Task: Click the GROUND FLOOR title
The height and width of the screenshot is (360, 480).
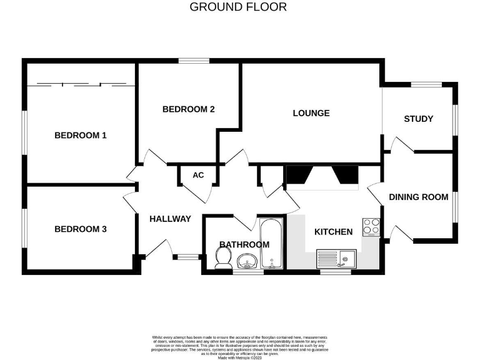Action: tap(238, 7)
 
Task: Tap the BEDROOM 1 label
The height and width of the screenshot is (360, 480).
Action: tap(81, 135)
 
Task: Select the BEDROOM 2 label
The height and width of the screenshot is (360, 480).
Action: tap(189, 109)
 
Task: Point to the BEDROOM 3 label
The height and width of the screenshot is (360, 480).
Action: tap(81, 229)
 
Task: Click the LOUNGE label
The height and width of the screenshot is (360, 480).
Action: tap(311, 113)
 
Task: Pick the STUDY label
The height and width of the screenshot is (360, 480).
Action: tap(418, 119)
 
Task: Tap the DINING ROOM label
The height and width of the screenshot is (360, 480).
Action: tap(418, 197)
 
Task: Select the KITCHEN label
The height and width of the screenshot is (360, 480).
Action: tap(333, 232)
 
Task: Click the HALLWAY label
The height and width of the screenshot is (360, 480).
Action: tap(170, 219)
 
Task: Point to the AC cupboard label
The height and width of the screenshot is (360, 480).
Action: tap(198, 175)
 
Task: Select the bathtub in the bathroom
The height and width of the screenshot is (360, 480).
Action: tap(272, 245)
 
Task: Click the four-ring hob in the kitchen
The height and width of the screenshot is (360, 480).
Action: tap(371, 226)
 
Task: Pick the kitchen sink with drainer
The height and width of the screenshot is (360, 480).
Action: tap(336, 257)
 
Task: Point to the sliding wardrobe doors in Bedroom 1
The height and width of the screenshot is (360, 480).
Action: tap(81, 84)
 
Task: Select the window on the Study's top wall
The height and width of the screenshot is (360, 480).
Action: tap(428, 84)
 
